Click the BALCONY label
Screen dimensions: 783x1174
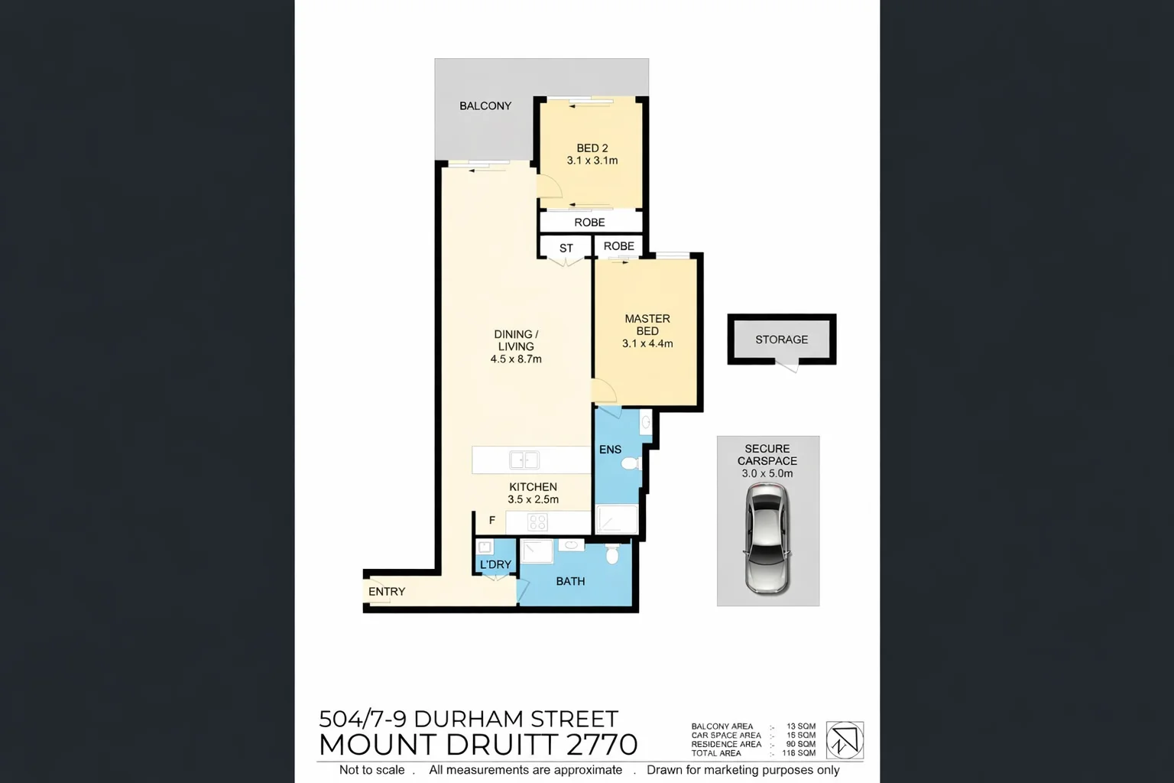tap(485, 106)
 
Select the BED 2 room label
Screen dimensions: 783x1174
tap(592, 148)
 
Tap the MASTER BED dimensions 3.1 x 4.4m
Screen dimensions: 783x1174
tap(647, 344)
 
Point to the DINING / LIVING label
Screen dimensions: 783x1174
tap(516, 340)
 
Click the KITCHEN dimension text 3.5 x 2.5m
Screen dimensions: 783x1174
tap(533, 500)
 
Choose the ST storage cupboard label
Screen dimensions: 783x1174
tap(566, 249)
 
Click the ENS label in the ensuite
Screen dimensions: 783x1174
tap(610, 450)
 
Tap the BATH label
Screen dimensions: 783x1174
tap(570, 582)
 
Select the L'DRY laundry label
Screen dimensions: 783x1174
tap(495, 565)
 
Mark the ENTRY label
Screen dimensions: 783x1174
tap(387, 592)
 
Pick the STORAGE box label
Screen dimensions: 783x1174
tap(781, 340)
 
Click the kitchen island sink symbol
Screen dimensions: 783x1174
tap(524, 460)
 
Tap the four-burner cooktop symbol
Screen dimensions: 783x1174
tap(537, 522)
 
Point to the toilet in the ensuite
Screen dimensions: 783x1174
tap(631, 463)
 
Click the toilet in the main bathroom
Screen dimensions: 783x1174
tap(612, 554)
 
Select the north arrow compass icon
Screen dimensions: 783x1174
tap(845, 739)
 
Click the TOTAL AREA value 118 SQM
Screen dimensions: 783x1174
tap(799, 753)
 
